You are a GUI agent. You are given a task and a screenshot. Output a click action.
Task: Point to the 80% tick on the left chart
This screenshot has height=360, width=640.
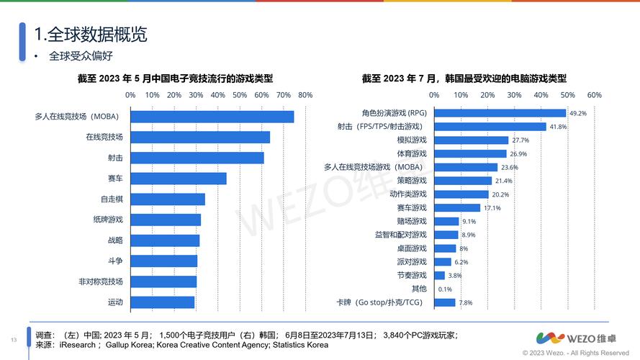click(305, 95)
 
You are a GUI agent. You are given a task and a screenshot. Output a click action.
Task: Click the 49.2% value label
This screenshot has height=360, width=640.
click(578, 114)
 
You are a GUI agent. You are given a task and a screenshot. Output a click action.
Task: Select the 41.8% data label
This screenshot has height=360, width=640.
click(558, 127)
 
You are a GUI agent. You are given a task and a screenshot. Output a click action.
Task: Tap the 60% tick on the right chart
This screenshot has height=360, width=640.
click(594, 95)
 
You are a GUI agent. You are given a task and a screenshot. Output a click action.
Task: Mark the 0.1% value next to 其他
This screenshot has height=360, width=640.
click(445, 289)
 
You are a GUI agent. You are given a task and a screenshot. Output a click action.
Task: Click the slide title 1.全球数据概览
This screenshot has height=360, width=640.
click(91, 33)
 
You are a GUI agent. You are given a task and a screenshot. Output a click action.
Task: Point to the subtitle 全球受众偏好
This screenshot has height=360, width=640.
click(81, 55)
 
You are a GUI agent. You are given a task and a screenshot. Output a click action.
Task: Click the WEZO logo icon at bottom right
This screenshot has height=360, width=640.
click(550, 338)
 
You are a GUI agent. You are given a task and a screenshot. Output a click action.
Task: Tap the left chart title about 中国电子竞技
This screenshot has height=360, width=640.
click(180, 78)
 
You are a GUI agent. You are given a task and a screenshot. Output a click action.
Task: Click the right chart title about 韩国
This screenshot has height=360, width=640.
click(464, 78)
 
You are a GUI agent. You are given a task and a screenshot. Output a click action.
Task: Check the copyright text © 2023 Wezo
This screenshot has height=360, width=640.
click(576, 353)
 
